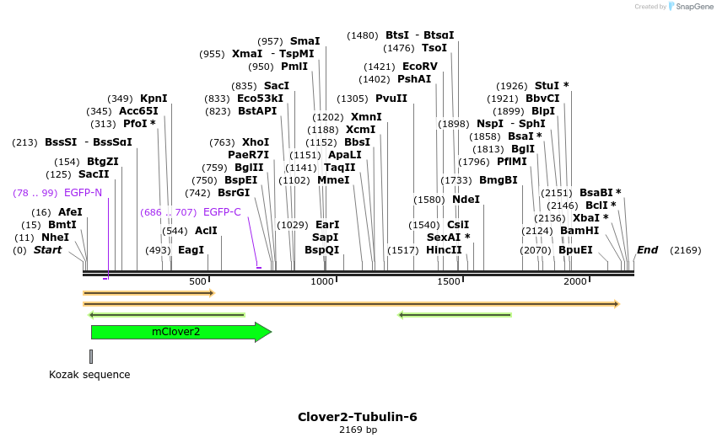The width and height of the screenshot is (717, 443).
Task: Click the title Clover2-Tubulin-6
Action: click(x=357, y=417)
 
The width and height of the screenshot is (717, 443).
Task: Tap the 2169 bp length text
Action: click(x=358, y=430)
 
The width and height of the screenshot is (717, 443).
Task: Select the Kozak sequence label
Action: click(x=89, y=374)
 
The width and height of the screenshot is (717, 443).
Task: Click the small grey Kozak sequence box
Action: click(x=91, y=356)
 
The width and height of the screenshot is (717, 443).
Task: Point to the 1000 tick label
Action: click(x=323, y=281)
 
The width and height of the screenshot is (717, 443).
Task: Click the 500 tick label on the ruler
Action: click(x=198, y=281)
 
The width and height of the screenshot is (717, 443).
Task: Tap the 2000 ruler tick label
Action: click(x=575, y=281)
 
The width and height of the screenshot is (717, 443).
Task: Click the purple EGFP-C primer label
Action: click(x=222, y=212)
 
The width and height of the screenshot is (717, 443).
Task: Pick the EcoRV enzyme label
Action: click(x=419, y=67)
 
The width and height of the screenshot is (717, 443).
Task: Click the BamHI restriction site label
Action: click(x=579, y=231)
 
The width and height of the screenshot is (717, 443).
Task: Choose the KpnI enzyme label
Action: click(x=154, y=99)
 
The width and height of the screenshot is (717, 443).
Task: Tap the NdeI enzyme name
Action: click(x=466, y=200)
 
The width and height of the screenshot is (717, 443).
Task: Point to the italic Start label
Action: click(x=47, y=250)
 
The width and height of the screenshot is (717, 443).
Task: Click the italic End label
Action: click(x=647, y=250)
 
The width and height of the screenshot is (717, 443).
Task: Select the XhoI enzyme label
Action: click(x=256, y=142)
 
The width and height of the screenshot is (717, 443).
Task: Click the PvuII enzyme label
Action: click(x=391, y=99)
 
